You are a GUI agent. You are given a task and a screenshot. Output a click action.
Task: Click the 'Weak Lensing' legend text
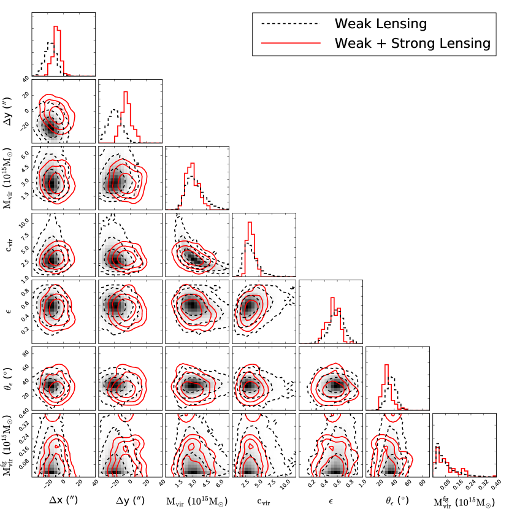point(380,24)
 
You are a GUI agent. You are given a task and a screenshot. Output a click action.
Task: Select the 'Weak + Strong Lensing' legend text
point(411,43)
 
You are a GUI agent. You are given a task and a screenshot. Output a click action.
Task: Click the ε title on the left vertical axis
point(8,310)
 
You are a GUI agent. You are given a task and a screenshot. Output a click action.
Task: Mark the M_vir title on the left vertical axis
point(7,177)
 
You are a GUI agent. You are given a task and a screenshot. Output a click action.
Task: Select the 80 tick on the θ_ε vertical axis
point(25,354)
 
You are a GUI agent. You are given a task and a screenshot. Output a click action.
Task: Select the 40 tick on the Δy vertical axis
point(25,79)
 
